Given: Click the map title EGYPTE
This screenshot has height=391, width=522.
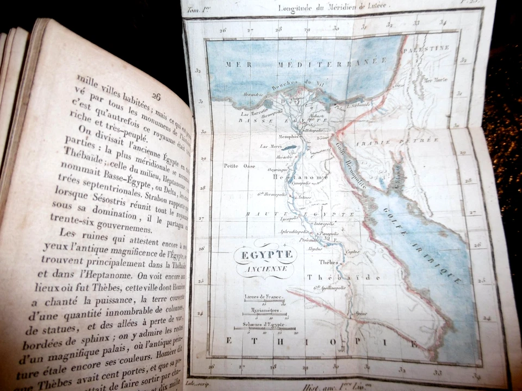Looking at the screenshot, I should [265, 254].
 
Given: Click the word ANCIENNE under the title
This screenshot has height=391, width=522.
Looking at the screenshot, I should [265, 267].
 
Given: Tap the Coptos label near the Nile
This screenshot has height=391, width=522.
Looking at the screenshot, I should [352, 251].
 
